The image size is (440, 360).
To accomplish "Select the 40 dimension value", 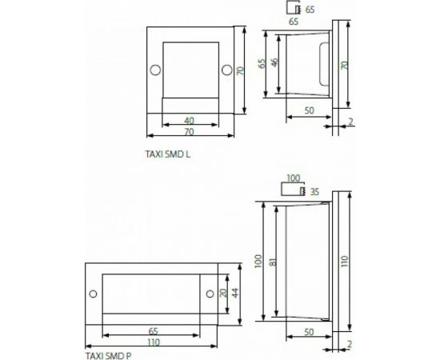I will tap(189, 120).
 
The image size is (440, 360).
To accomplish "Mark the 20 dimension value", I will tap(223, 293).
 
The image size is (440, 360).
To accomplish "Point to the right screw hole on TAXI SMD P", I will tap(210, 294).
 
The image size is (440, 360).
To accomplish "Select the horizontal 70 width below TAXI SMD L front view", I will tap(189, 131).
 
